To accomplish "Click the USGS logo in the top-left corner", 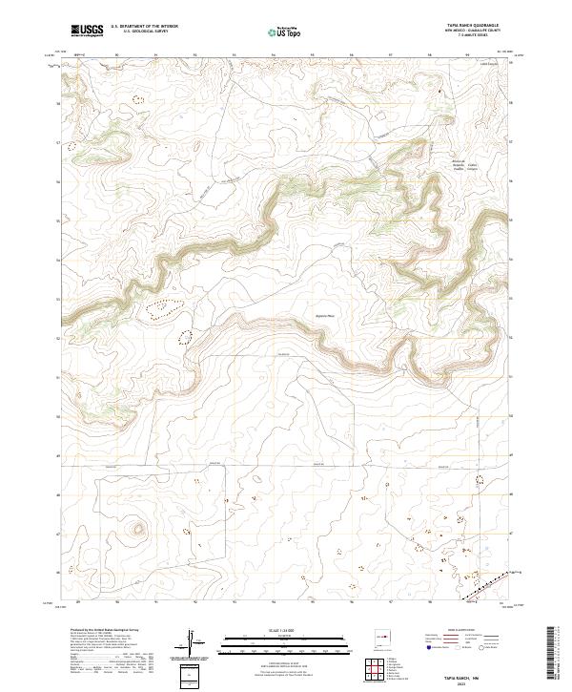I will pyautogui.click(x=86, y=31).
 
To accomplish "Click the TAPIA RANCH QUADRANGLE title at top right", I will pyautogui.click(x=473, y=26).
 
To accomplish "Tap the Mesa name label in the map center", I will pyautogui.click(x=325, y=316).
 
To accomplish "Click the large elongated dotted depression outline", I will pyautogui.click(x=163, y=308).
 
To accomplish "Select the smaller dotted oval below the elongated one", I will pyautogui.click(x=184, y=336).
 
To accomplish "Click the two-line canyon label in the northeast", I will pyautogui.click(x=457, y=168).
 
